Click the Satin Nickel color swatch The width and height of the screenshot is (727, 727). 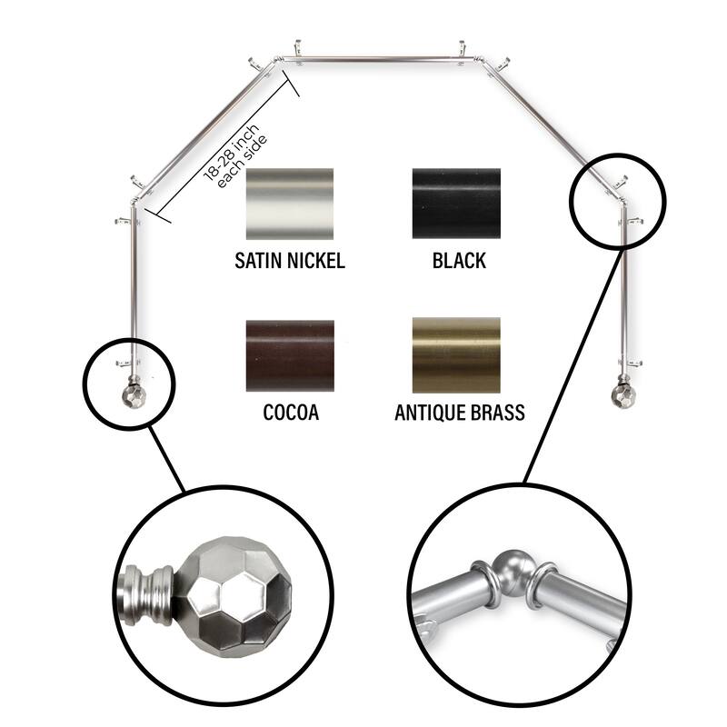tap(290, 204)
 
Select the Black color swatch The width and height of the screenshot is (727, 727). tap(456, 204)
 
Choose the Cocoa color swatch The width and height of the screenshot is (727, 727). tap(290, 355)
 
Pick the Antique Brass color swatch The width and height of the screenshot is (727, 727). tap(456, 354)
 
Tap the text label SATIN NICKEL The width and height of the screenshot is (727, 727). tap(290, 261)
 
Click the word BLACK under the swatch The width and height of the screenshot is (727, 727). tap(459, 261)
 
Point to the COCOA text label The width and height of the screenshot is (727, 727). tap(291, 413)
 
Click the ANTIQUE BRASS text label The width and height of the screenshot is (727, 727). tap(460, 413)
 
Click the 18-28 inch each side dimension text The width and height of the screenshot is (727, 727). tap(235, 156)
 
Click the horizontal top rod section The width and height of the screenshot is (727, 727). tap(379, 59)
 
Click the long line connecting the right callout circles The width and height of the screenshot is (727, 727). tap(572, 365)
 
